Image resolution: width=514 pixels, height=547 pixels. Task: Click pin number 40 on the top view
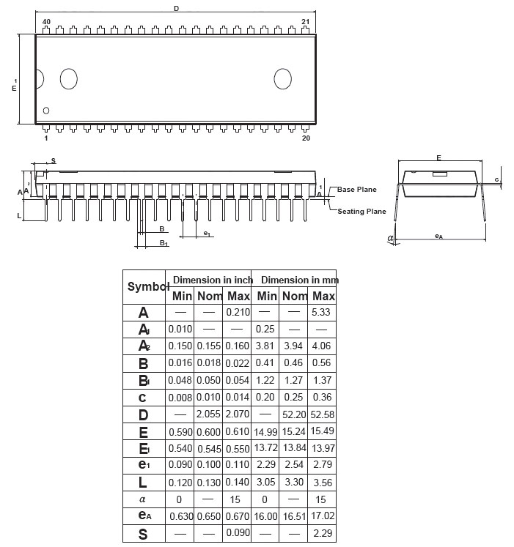point(46,22)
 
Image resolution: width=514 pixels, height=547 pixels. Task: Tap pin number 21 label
point(306,22)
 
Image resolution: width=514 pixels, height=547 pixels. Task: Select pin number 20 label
point(306,138)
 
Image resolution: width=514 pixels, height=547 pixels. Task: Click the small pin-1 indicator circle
point(47,111)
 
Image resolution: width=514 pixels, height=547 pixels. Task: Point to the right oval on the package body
point(283,78)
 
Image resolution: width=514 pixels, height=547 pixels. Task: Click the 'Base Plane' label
point(356,190)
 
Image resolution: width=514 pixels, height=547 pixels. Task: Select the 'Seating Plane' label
point(361,212)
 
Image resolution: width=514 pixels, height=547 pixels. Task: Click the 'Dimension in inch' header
point(213,280)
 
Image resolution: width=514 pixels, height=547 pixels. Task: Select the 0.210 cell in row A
point(238,312)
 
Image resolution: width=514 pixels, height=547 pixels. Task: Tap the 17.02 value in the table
point(323,517)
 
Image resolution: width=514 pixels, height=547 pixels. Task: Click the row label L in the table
point(143,483)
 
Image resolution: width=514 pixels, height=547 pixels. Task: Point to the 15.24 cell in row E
point(295,432)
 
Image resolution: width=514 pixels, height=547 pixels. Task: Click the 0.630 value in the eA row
point(181,517)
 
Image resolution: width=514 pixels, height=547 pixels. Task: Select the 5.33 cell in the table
point(323,312)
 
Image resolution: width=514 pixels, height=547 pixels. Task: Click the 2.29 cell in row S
point(323,534)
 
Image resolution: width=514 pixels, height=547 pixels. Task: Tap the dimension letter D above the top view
point(176,9)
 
